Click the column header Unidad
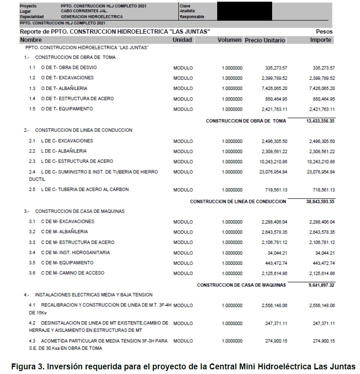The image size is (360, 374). (183, 40)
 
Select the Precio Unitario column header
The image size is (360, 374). (265, 41)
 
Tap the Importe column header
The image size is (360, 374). (321, 40)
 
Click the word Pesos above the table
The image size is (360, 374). (324, 32)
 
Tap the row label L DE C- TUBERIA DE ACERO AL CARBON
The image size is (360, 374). (85, 189)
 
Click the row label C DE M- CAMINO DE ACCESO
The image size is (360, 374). (72, 273)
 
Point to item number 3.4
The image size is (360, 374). (32, 253)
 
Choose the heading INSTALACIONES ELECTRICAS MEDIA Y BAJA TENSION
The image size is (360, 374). (94, 295)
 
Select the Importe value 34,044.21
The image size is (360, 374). (325, 253)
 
